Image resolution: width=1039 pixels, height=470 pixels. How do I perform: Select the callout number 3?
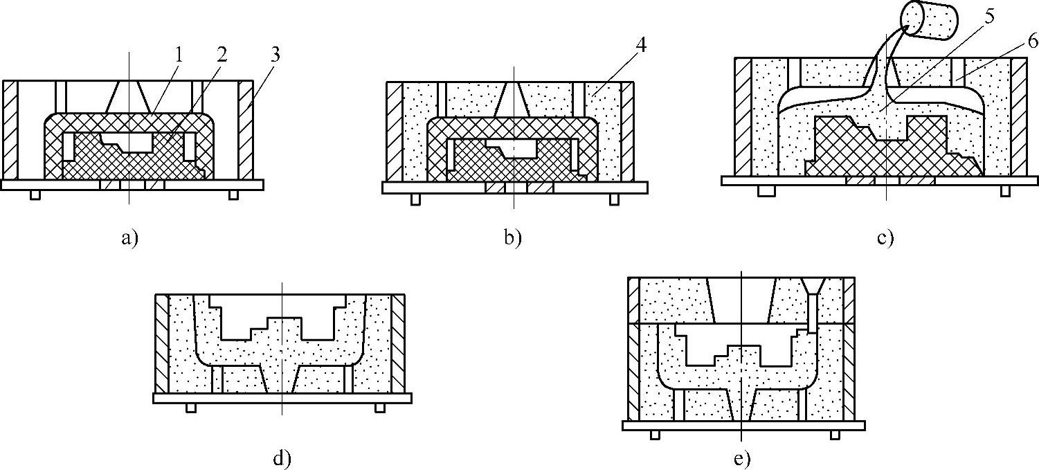pos(275,55)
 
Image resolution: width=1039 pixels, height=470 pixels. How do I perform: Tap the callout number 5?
pos(991,17)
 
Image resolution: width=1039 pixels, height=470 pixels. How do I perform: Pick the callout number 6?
pos(1031,42)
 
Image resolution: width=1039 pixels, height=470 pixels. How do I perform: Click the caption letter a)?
pos(129,239)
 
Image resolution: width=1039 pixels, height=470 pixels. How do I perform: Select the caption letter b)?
pos(512,239)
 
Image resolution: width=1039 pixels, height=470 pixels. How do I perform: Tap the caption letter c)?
pos(885,239)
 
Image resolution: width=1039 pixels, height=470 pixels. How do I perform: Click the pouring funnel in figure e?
pos(814,287)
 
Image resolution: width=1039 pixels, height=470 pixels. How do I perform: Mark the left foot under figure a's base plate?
pos(35,195)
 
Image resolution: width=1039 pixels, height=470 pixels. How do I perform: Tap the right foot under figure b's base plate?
pos(613,199)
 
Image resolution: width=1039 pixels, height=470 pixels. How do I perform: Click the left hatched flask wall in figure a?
pos(10,129)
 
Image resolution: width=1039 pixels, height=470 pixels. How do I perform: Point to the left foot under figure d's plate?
pos(191,408)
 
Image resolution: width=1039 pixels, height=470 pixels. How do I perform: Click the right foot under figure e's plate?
pos(835,435)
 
